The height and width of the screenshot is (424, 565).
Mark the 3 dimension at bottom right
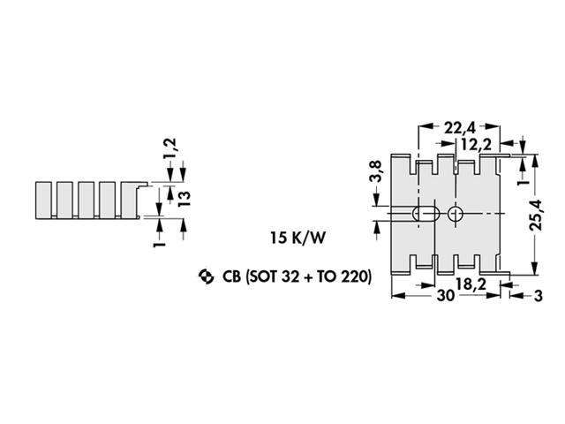coord(539,297)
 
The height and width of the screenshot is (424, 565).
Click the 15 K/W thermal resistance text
coord(297,238)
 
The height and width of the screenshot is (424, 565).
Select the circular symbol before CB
coord(206,277)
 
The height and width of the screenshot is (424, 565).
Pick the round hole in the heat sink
coord(456,214)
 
